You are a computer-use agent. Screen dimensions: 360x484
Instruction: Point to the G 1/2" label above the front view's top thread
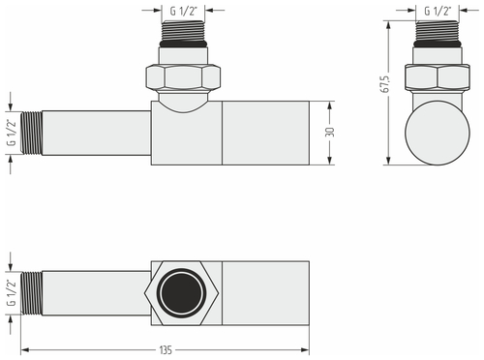point(185,11)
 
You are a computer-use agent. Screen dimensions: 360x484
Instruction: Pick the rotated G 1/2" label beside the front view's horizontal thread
point(11,131)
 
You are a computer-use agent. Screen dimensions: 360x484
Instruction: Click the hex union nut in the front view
point(184,76)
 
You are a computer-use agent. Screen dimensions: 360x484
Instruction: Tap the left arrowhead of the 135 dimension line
point(24,349)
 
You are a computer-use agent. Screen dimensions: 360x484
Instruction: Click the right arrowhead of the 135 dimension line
point(308,349)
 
